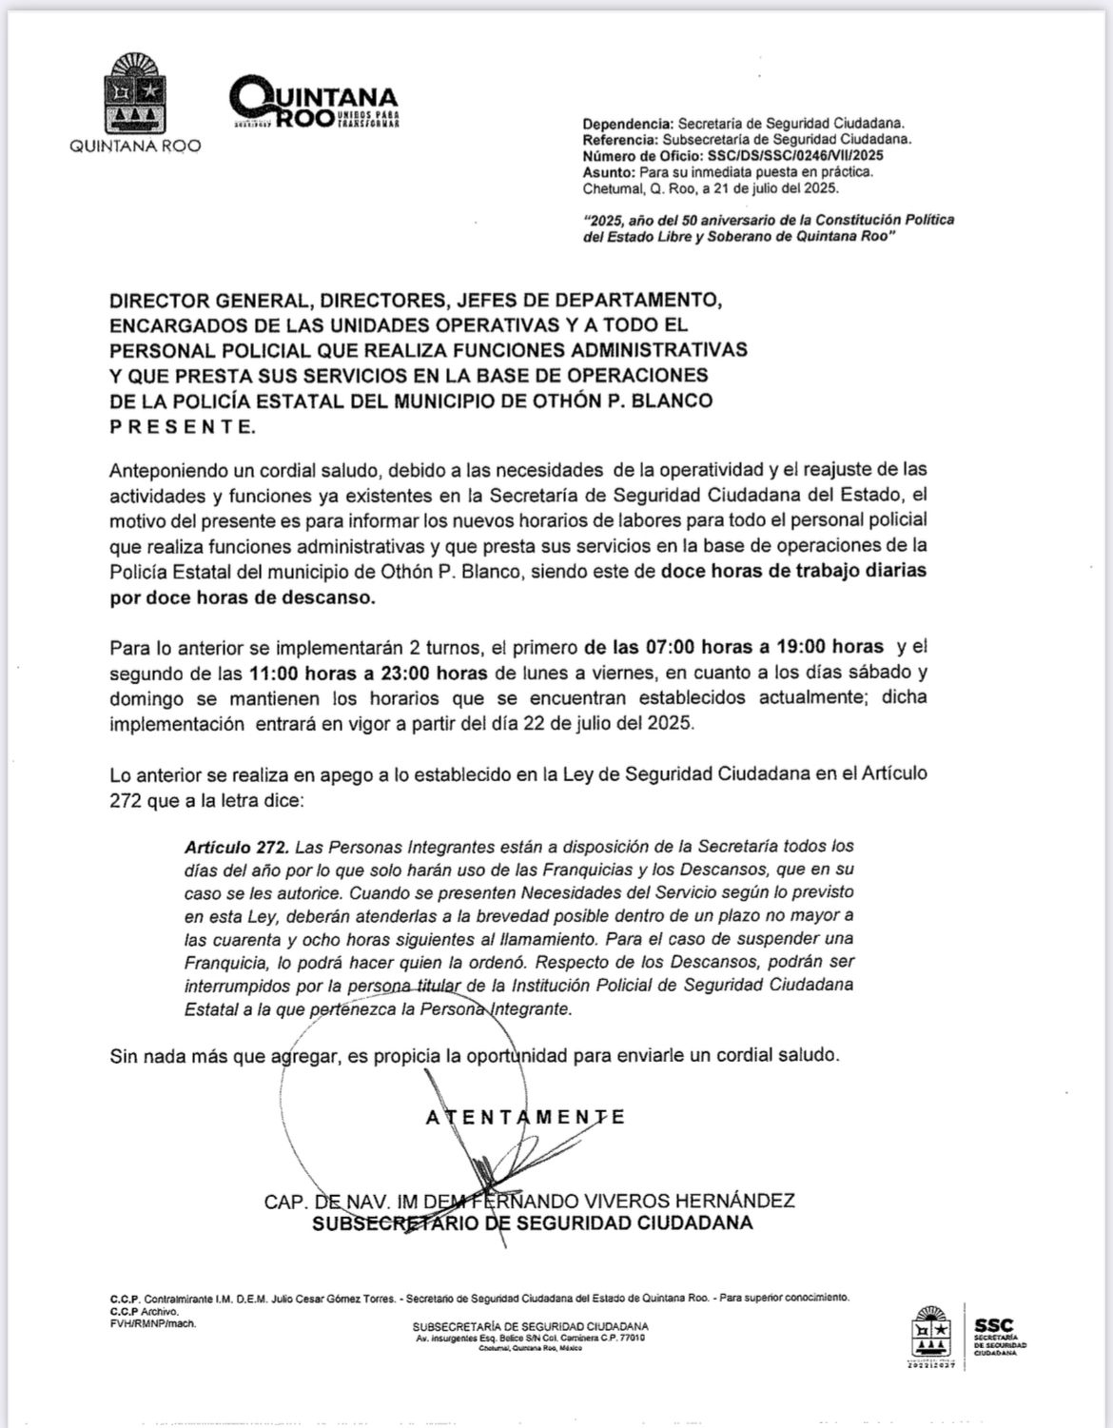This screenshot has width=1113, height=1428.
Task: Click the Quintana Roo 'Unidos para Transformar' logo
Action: (314, 104)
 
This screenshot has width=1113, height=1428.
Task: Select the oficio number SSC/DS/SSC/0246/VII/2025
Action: (804, 155)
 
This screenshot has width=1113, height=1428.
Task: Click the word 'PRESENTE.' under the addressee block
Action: (183, 426)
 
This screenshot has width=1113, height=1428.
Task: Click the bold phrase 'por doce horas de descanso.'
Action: (243, 597)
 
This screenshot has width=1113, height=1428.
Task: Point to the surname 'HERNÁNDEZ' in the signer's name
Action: (737, 1201)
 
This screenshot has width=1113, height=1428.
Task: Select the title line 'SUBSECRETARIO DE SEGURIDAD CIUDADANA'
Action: (533, 1223)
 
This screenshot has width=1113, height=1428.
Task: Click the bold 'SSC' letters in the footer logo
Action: (992, 1324)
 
